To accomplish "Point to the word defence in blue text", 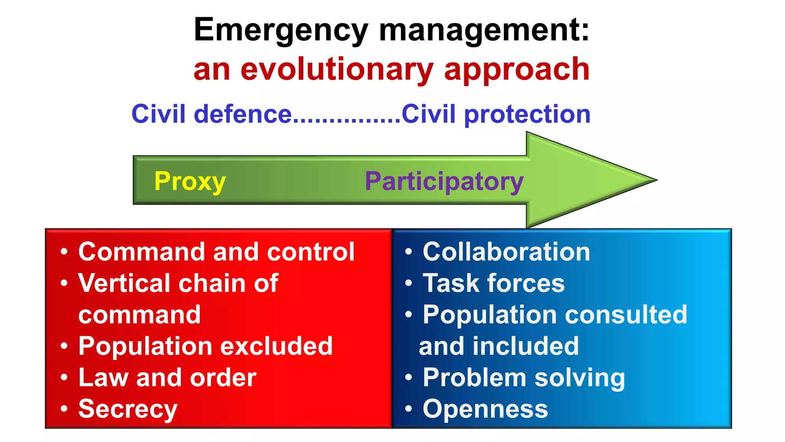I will (x=243, y=114).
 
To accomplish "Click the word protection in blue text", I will (x=527, y=115).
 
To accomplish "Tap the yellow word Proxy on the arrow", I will (x=190, y=181).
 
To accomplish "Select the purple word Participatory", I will (x=444, y=181).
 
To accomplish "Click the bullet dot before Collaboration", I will (x=409, y=252).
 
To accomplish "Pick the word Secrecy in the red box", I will (x=128, y=409).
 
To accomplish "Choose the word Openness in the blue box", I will (x=485, y=409).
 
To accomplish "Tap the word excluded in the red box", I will (x=276, y=346).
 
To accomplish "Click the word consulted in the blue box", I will (x=626, y=315).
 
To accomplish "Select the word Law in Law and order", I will (x=103, y=378).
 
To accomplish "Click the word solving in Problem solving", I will (x=580, y=378).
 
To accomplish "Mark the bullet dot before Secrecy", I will (x=64, y=409).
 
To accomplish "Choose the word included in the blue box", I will (x=526, y=346).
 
